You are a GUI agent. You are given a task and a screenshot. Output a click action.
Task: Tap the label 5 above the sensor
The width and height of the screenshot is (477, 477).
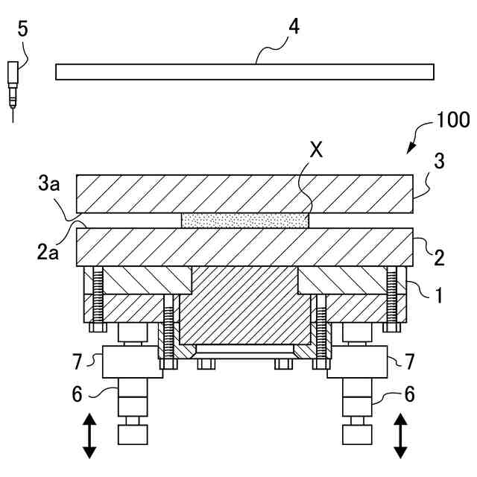(22, 30)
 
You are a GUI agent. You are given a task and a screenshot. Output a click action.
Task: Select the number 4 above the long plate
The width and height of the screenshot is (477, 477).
(294, 28)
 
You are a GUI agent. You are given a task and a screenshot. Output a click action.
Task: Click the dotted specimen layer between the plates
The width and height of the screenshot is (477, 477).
(244, 221)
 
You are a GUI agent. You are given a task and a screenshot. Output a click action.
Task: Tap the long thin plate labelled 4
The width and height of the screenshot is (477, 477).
(244, 72)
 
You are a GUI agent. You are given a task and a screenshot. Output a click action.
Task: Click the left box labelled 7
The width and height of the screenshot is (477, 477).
(131, 363)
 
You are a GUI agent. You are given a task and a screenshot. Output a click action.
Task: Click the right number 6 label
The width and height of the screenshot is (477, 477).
(409, 394)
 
